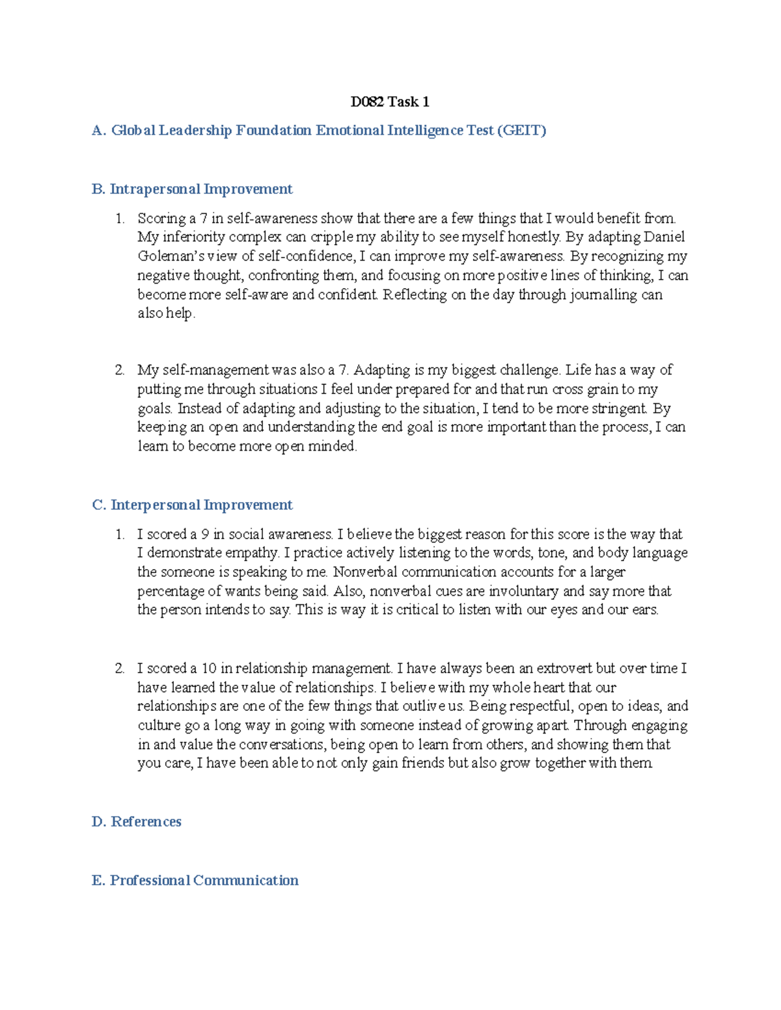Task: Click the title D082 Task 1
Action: click(x=390, y=101)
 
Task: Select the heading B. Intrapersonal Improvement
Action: click(x=192, y=189)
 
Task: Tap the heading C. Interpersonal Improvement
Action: click(x=192, y=505)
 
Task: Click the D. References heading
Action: click(x=137, y=822)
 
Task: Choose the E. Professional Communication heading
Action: click(x=195, y=881)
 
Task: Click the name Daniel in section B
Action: click(x=664, y=237)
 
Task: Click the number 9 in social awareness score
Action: click(x=205, y=535)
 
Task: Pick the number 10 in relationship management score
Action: click(x=209, y=669)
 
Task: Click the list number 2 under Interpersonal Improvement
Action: click(x=120, y=669)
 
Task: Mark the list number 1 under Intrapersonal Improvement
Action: click(x=120, y=219)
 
